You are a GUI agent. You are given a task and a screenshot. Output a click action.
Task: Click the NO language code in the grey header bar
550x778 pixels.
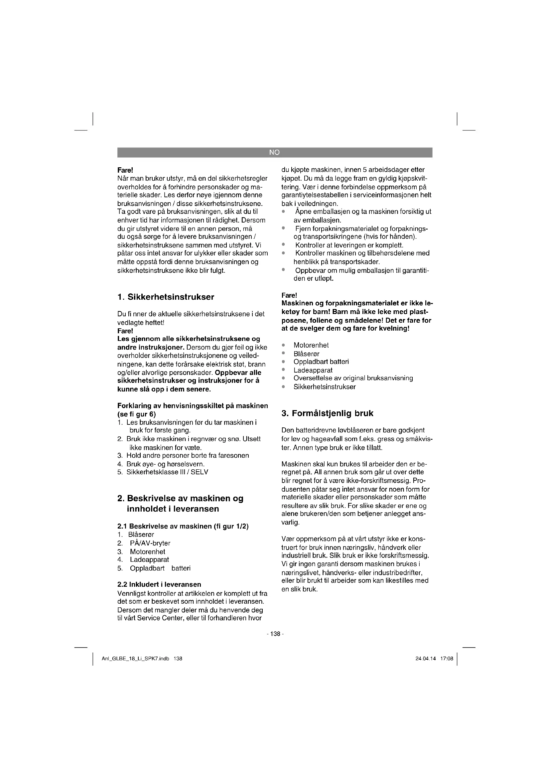[274, 152]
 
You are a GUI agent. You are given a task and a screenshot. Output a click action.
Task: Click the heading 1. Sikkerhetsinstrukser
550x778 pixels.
[166, 297]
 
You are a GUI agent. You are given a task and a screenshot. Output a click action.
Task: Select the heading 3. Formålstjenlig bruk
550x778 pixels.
[327, 413]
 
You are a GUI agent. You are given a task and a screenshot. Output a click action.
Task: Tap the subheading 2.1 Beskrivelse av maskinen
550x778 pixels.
[183, 526]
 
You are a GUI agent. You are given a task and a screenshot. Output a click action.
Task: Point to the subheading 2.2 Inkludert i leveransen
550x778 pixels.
[159, 584]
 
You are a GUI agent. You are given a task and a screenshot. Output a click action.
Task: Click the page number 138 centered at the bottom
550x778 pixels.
[275, 634]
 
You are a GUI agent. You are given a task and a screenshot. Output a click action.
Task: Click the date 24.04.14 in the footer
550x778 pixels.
[425, 658]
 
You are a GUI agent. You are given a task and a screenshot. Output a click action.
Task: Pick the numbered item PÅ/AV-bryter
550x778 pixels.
[150, 543]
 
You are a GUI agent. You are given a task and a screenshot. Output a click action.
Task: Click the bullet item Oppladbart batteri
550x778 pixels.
[321, 362]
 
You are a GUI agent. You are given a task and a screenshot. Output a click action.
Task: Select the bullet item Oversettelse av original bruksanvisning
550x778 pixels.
[353, 378]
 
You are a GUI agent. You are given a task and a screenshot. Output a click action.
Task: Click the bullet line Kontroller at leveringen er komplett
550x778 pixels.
[349, 245]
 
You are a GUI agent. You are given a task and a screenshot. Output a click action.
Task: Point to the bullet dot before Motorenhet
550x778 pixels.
[283, 345]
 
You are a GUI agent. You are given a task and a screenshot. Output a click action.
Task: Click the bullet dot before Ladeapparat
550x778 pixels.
[283, 370]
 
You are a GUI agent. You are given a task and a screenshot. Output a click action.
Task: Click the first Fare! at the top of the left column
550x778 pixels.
[125, 169]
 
